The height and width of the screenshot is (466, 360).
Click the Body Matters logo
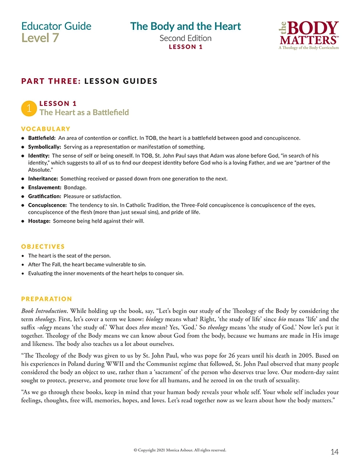tap(308, 34)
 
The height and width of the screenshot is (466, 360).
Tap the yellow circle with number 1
tap(29, 108)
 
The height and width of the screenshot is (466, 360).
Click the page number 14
tap(334, 452)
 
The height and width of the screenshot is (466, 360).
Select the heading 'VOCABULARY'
tap(46, 129)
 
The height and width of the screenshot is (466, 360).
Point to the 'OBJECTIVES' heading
tap(43, 246)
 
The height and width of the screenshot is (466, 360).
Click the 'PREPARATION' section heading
tap(47, 299)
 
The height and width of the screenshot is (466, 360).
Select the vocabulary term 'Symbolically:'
tap(44, 147)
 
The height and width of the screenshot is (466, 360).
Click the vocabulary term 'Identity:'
tap(39, 155)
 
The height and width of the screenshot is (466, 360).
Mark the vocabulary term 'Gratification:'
tap(44, 196)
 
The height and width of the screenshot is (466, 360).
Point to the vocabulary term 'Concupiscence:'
tap(47, 205)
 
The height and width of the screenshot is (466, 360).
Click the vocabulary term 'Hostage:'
tap(39, 221)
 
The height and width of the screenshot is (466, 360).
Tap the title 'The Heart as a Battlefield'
tap(84, 112)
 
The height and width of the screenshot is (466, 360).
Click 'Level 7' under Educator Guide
tap(40, 38)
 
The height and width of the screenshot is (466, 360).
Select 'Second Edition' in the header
tap(185, 38)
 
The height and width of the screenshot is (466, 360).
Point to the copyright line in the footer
tap(179, 450)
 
